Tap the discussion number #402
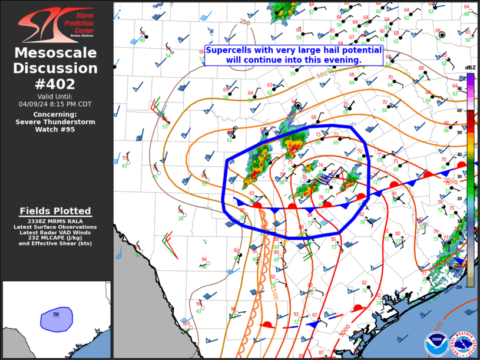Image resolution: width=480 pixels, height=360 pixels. [x=56, y=83]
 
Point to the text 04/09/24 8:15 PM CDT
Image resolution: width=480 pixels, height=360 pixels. [x=56, y=104]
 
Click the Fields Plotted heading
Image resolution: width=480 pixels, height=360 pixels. [x=55, y=211]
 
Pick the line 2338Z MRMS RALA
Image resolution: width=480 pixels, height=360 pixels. [x=55, y=222]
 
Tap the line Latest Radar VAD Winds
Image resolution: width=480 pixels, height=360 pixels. [x=55, y=232]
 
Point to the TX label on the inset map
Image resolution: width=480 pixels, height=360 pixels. [x=57, y=314]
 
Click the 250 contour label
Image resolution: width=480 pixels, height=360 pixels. [x=244, y=22]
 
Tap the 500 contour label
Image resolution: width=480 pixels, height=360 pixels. [x=322, y=75]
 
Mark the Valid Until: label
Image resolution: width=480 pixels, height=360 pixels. [x=56, y=96]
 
